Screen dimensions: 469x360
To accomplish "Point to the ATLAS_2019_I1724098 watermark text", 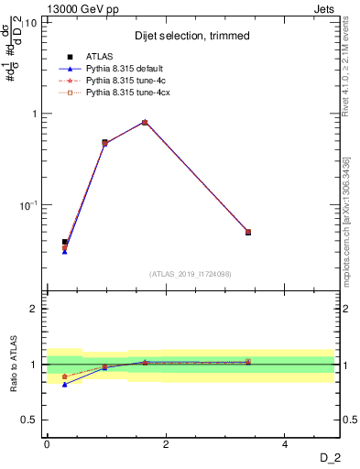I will (191, 273).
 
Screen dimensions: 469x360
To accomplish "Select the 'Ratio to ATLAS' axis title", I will (12, 365).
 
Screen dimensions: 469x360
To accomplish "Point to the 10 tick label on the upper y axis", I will (30, 22).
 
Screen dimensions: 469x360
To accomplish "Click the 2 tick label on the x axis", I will (165, 443).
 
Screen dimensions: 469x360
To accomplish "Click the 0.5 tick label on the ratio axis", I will (29, 420).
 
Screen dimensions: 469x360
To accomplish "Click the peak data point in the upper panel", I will (145, 122).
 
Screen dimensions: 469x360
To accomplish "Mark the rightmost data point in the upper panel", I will (247, 232).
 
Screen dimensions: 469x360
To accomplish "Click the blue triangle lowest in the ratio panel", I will (64, 385).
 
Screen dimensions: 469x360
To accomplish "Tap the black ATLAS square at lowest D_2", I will (64, 242).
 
